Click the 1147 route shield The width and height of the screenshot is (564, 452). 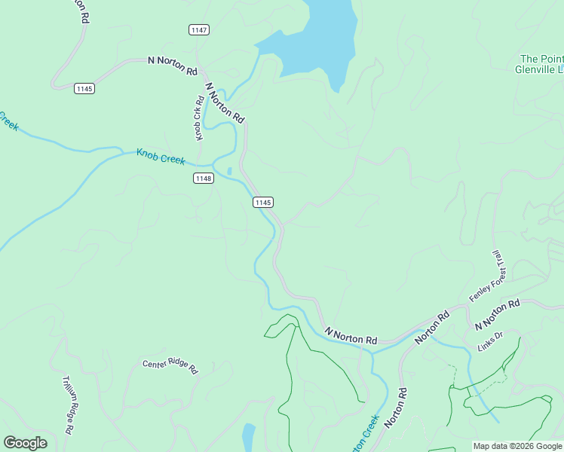[x=199, y=29]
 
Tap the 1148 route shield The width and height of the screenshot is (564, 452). [x=203, y=179]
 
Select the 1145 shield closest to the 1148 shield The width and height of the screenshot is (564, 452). [x=262, y=202]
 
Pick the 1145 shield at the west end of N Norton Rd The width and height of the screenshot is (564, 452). [x=84, y=89]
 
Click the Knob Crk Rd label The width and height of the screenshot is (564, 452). [x=200, y=118]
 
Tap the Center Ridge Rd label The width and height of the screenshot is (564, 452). [x=170, y=367]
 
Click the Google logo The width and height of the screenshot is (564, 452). [x=25, y=442]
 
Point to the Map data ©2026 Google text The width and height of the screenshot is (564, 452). [x=516, y=446]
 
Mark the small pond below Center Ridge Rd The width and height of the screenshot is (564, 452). [x=248, y=435]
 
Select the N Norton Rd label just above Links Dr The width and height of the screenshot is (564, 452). [x=498, y=314]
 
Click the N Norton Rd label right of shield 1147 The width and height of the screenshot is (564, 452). [x=172, y=65]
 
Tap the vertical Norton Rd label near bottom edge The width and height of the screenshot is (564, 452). [x=395, y=408]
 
